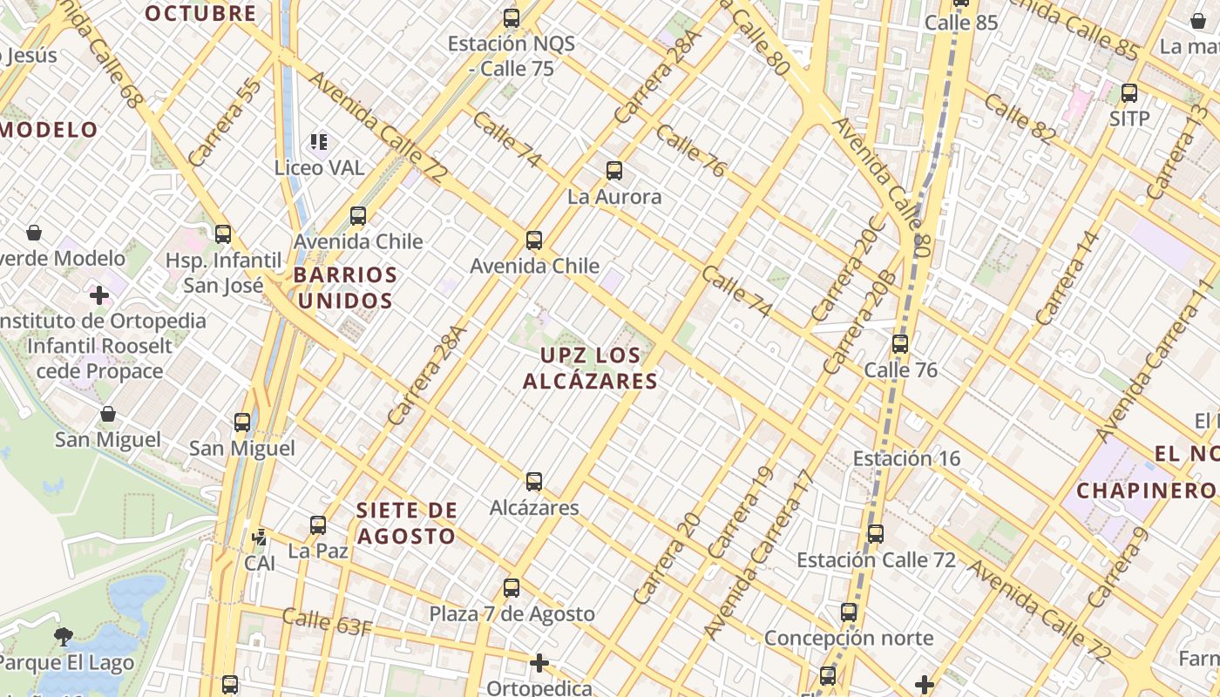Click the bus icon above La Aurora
pos(614,171)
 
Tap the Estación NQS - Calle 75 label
pos(500,56)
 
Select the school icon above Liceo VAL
pos(319,141)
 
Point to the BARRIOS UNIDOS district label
pos(345,288)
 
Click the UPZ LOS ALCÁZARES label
pos(590,369)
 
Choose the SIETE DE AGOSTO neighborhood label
pos(406,523)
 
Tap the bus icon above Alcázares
pos(534,481)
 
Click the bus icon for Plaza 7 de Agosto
pos(512,588)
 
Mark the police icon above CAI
pos(259,537)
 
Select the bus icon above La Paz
pos(318,525)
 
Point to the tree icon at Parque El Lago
pos(63,637)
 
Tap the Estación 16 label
pos(906,458)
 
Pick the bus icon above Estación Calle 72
pos(876,534)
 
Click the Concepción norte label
pos(848,639)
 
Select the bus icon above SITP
pos(1129,93)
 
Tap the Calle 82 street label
pos(1020,118)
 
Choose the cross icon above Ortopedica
pos(539,664)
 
